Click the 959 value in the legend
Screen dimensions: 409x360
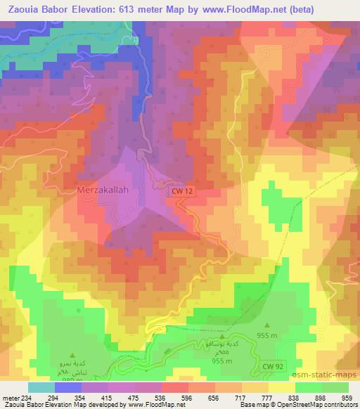click(x=347, y=398)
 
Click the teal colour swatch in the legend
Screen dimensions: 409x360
click(x=40, y=387)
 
